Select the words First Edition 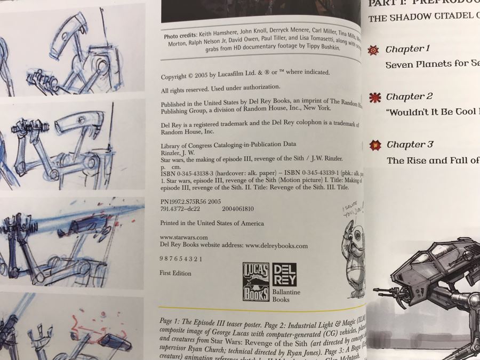pos(175,273)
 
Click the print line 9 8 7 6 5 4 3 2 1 pos(181,259)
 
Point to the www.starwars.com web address pos(183,237)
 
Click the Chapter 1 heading pos(407,49)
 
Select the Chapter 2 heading pos(409,97)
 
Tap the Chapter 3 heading pos(410,145)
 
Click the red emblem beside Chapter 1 pos(374,50)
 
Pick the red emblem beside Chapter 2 pos(375,97)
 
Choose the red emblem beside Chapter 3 pos(375,145)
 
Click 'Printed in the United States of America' pos(212,223)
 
